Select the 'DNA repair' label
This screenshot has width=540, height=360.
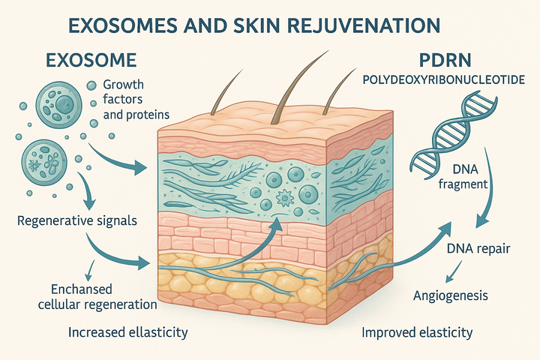(478, 248)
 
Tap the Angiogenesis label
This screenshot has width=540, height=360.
(451, 295)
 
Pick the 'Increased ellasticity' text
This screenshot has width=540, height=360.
(127, 331)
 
